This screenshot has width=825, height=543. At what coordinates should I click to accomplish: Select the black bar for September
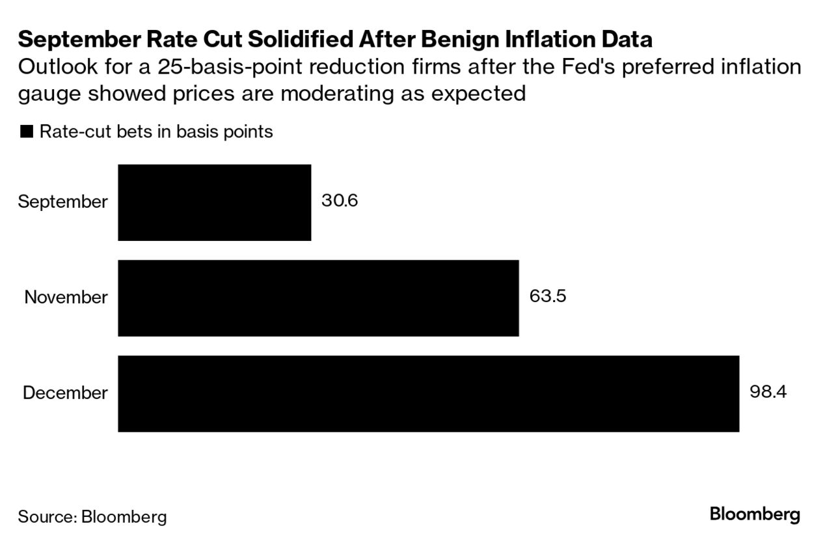click(214, 202)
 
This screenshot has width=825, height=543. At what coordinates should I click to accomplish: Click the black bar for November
click(318, 298)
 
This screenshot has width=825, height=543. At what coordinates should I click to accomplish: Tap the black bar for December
click(428, 393)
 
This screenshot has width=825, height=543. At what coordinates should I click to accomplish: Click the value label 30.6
click(340, 201)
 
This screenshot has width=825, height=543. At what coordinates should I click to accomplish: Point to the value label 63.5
click(548, 297)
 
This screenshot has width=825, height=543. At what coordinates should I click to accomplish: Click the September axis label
click(62, 202)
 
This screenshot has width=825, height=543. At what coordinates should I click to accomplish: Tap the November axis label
click(66, 298)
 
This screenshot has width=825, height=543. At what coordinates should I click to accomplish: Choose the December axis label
click(65, 393)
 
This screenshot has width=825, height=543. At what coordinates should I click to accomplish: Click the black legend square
click(27, 132)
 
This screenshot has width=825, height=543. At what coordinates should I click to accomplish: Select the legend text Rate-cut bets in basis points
click(156, 132)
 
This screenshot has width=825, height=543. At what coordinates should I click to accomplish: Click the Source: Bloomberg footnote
click(92, 517)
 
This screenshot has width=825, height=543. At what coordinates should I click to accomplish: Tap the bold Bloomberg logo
click(755, 514)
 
